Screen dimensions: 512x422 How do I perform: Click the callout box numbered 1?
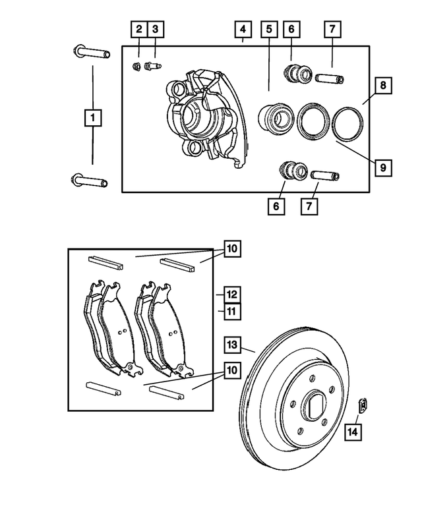[x=93, y=119]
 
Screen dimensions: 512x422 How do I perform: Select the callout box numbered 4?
[x=243, y=29]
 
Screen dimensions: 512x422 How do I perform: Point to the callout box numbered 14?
[x=353, y=432]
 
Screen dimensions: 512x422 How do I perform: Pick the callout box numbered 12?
[x=231, y=294]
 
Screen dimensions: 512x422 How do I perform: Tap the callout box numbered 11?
[x=231, y=311]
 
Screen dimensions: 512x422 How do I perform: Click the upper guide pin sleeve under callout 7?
[x=329, y=78]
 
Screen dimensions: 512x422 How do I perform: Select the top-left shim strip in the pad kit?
[x=105, y=261]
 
